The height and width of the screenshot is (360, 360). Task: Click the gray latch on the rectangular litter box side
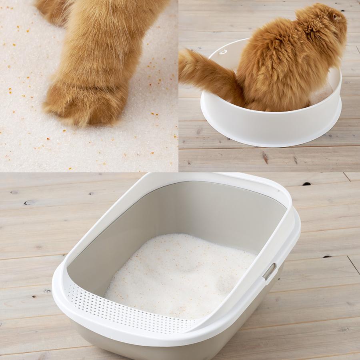click(x=269, y=272)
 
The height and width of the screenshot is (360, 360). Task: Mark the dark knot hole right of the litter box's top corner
click(x=307, y=184)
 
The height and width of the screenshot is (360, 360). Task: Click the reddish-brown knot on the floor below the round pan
click(x=265, y=158)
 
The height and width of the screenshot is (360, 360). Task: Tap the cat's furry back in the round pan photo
click(x=276, y=60)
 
